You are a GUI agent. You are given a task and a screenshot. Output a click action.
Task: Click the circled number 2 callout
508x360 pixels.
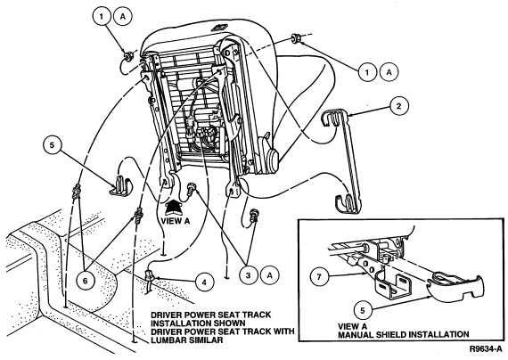point(398,106)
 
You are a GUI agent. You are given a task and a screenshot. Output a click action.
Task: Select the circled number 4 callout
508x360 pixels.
point(204,282)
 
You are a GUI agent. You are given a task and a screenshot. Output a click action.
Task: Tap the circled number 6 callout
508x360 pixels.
point(85,281)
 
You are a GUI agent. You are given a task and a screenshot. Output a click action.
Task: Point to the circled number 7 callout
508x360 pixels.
point(319,277)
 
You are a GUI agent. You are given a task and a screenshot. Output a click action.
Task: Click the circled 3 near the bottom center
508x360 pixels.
point(248,275)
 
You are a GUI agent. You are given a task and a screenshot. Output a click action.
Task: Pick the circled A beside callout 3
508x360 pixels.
point(269,275)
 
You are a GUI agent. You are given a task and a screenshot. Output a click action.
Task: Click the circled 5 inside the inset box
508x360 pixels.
point(363,310)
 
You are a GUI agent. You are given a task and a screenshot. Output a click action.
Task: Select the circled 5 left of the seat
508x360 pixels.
point(53,145)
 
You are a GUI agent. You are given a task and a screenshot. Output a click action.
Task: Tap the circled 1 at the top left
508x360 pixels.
point(102,16)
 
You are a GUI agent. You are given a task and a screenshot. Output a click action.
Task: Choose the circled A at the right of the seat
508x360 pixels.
point(389,72)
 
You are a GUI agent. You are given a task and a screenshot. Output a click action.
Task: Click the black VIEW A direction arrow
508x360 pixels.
point(174,207)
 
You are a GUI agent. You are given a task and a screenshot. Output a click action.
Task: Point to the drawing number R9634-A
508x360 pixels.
point(486,349)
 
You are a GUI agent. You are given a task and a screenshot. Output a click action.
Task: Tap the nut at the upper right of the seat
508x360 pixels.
point(296,37)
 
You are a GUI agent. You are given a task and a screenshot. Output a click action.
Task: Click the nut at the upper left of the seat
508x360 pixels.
point(127,56)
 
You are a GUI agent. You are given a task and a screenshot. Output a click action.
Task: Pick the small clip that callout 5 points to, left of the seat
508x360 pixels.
point(120,185)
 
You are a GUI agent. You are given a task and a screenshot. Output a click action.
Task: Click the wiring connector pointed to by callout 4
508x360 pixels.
point(150,275)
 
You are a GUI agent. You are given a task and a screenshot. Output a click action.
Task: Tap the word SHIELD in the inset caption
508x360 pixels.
point(386,334)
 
